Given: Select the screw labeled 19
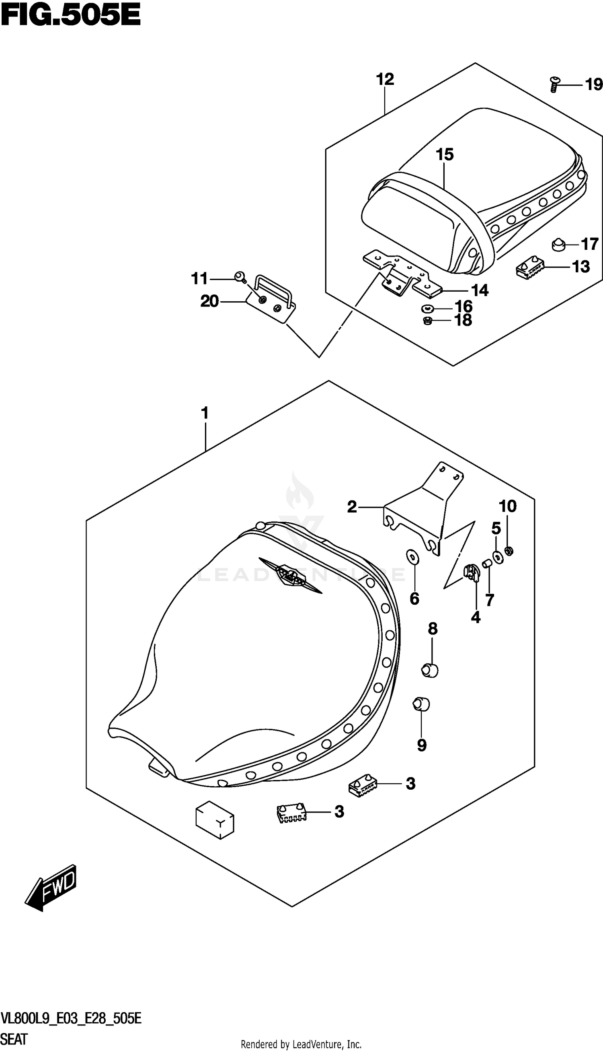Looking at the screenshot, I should tap(554, 84).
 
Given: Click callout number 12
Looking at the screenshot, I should tap(385, 79).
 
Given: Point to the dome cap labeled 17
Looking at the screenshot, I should tap(560, 245).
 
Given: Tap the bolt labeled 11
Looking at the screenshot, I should tap(239, 277).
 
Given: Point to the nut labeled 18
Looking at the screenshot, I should tap(428, 320).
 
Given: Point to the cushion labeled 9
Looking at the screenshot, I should tap(421, 704).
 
